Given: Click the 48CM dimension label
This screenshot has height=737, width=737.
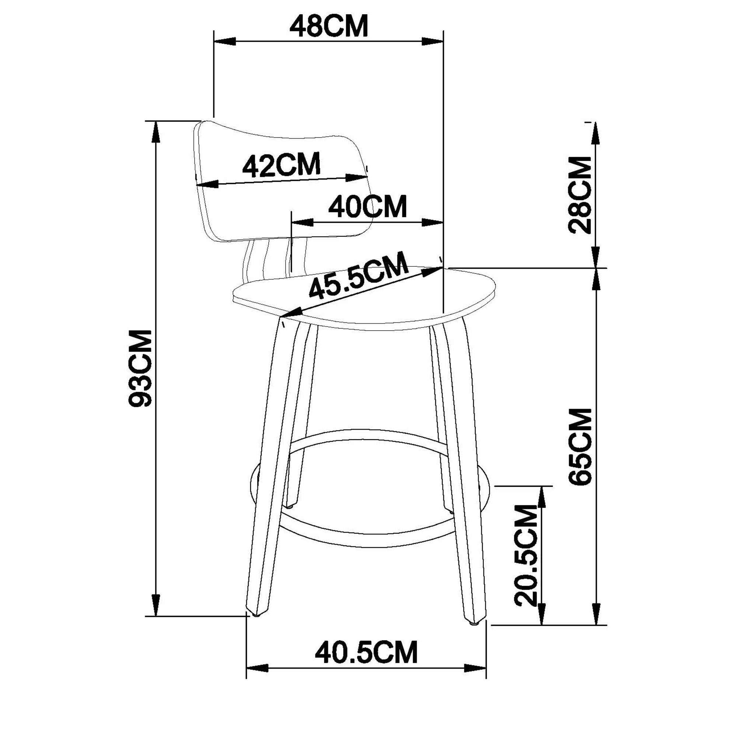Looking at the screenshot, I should [329, 26].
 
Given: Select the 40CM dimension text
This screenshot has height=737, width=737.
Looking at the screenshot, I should [368, 207].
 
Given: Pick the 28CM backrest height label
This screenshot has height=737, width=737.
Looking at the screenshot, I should [580, 195].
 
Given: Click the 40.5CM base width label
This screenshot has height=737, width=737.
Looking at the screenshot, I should [366, 652].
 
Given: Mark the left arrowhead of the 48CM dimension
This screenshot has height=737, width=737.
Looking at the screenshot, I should [225, 42].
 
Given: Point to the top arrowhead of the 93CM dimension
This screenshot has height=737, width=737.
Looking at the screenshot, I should [156, 132].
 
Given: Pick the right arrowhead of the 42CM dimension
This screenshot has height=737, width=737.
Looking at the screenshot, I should [356, 178].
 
